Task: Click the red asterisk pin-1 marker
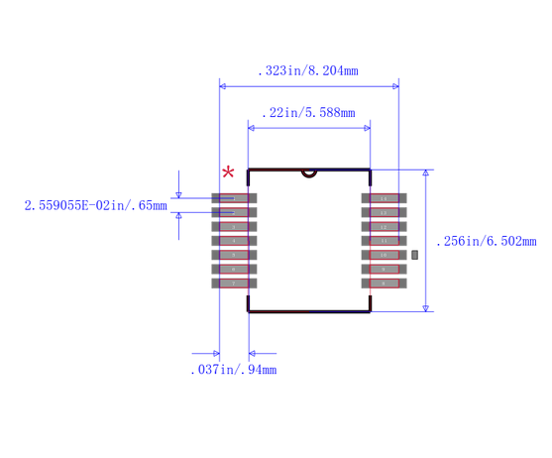[x=229, y=173]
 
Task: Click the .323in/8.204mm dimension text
[x=307, y=71]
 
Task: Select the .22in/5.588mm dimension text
[x=307, y=113]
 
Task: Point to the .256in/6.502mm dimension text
[x=486, y=241]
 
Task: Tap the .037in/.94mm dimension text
[x=233, y=370]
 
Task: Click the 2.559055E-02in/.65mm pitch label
[x=95, y=205]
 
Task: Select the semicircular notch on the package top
[x=309, y=172]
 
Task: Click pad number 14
[x=384, y=198]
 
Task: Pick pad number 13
[x=384, y=212]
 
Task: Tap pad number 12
[x=384, y=226]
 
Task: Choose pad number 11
[x=384, y=241]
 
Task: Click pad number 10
[x=384, y=255]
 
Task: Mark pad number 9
[x=384, y=269]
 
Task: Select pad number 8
[x=384, y=283]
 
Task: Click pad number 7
[x=234, y=283]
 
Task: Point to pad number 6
[x=234, y=269]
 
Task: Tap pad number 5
[x=234, y=255]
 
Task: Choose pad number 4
[x=234, y=241]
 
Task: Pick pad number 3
[x=234, y=226]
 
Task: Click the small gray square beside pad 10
[x=415, y=255]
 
